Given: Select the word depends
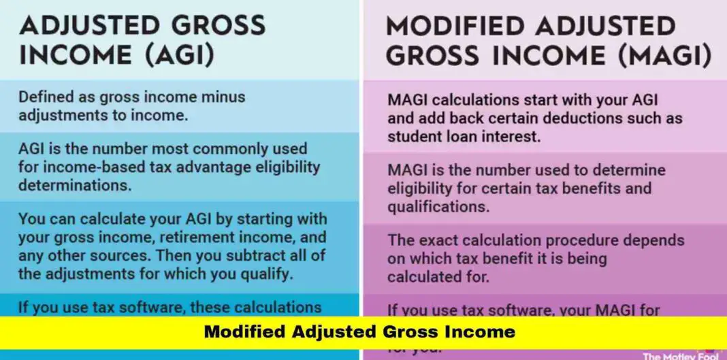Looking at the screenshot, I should pos(656,240).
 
